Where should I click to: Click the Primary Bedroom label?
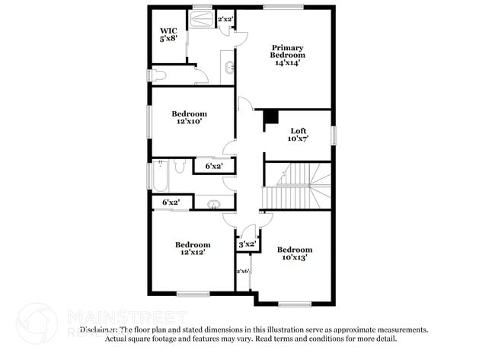pyautogui.click(x=289, y=55)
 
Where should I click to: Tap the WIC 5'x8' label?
pyautogui.click(x=168, y=34)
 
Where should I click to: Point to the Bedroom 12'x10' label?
pyautogui.click(x=190, y=117)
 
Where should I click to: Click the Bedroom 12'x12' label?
pyautogui.click(x=192, y=248)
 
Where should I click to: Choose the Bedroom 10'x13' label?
pyautogui.click(x=294, y=253)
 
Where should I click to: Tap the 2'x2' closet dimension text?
pyautogui.click(x=225, y=19)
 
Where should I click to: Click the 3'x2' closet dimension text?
pyautogui.click(x=247, y=244)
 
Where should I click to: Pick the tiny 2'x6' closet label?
pyautogui.click(x=243, y=272)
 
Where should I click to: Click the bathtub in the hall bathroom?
pyautogui.click(x=161, y=176)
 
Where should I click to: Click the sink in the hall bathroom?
pyautogui.click(x=214, y=203)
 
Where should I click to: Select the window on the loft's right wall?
pyautogui.click(x=334, y=135)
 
